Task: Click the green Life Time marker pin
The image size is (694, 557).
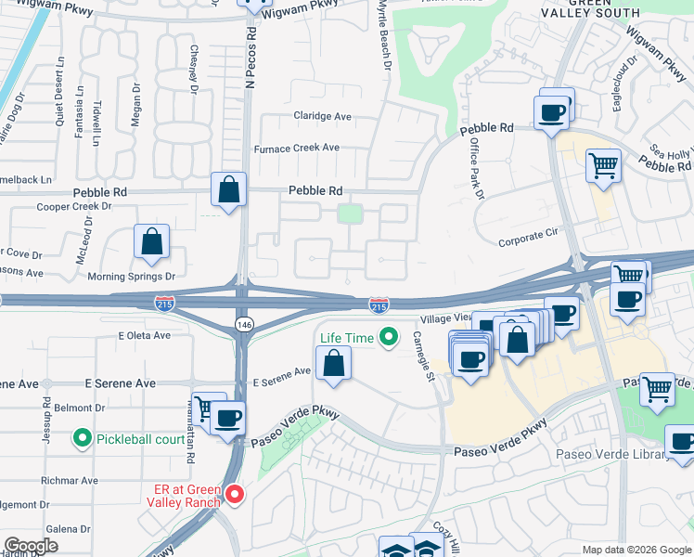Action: [389, 338]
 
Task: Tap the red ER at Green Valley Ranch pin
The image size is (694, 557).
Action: [235, 496]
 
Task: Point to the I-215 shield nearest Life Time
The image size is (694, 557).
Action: [379, 305]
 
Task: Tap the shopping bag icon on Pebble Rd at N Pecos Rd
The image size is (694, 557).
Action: [228, 190]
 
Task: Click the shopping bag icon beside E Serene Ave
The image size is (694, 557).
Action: [334, 363]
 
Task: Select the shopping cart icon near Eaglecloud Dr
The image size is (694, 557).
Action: [604, 166]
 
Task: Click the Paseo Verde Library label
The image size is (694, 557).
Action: [610, 454]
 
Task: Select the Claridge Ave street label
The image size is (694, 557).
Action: [323, 117]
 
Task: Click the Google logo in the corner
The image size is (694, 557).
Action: [32, 546]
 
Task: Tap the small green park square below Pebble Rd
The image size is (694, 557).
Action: [350, 214]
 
